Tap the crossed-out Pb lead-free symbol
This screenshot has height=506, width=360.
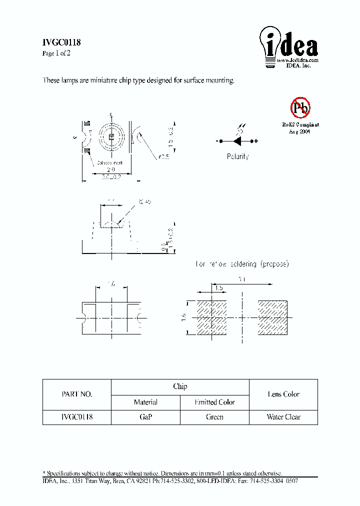[x=300, y=107]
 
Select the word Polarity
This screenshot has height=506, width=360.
[x=237, y=156]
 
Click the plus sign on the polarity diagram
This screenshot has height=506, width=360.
[x=256, y=141]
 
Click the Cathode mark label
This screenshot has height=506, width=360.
[x=109, y=163]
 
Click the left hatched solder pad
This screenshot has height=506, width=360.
[x=212, y=317]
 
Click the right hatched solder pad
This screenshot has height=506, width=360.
[x=272, y=317]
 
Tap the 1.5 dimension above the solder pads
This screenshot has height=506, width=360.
[x=218, y=288]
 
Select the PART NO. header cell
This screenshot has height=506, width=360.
[x=76, y=394]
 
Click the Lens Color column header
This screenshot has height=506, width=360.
[x=283, y=394]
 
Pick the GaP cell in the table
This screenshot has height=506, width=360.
[x=145, y=417]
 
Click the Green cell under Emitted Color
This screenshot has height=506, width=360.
[x=214, y=417]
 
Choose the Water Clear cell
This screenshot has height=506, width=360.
[x=283, y=417]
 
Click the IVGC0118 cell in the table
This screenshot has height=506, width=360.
[x=76, y=417]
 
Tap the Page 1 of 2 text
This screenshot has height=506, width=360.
[x=56, y=53]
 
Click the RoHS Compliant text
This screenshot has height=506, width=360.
[x=300, y=124]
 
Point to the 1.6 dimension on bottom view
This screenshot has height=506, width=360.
[x=111, y=283]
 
